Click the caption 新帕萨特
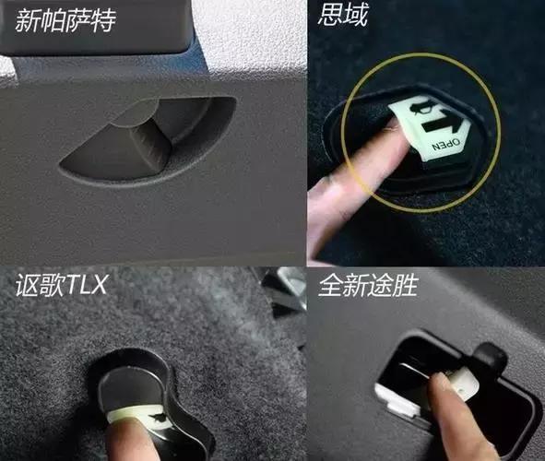65,20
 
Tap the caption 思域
343,15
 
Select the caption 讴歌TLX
61,285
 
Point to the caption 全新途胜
368,285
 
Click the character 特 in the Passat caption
103,21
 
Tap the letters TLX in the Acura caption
86,285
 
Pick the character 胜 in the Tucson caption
405,285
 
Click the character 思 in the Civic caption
330,15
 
